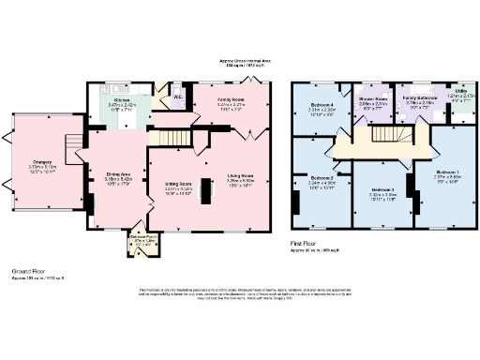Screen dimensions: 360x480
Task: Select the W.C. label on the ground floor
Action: pyautogui.click(x=177, y=94)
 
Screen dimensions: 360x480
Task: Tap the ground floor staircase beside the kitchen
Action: pyautogui.click(x=167, y=138)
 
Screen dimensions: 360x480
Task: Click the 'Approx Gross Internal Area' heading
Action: pyautogui.click(x=240, y=61)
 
